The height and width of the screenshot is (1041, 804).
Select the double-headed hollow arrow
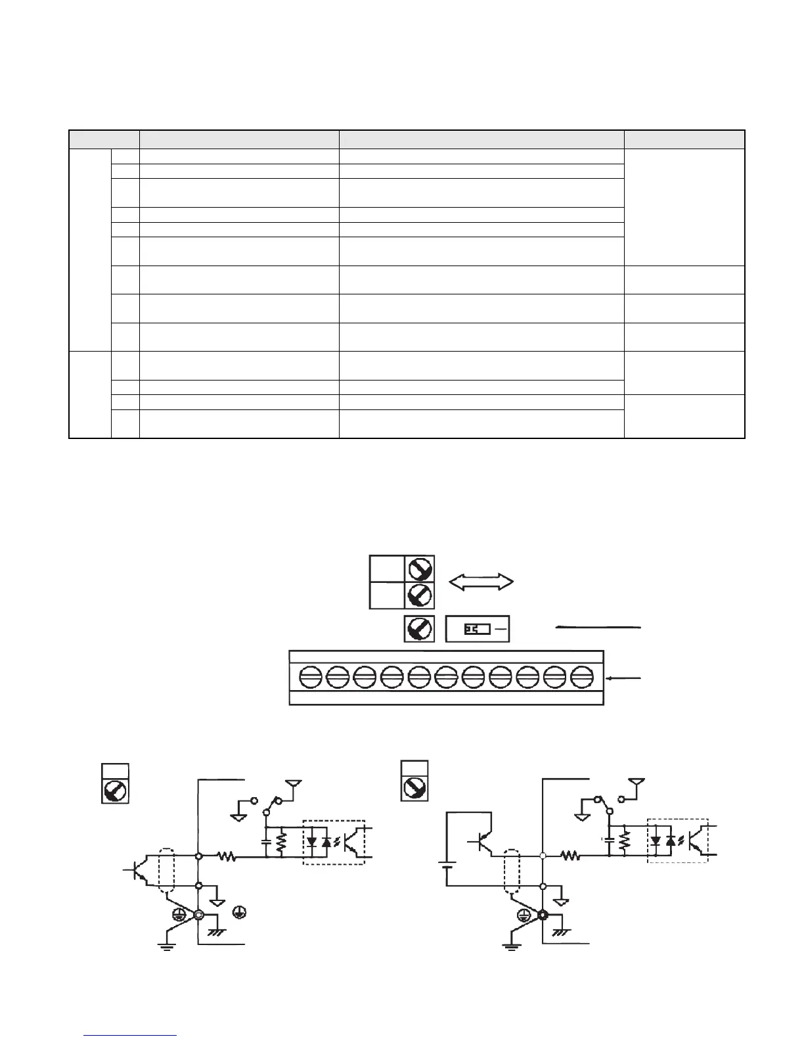(x=481, y=581)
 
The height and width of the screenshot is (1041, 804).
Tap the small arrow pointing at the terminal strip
(x=624, y=678)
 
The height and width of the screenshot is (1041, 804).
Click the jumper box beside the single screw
(x=478, y=629)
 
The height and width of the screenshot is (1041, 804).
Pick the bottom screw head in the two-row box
(x=419, y=595)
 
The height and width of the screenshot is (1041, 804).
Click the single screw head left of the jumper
(x=419, y=629)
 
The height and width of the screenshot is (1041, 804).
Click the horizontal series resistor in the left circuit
(x=227, y=857)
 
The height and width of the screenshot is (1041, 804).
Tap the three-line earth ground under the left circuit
(x=167, y=946)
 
